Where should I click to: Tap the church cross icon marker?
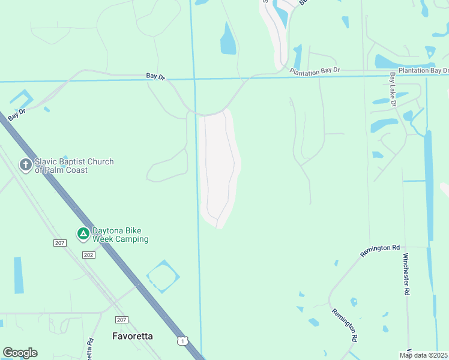[x=25, y=164]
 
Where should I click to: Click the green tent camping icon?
[x=83, y=233]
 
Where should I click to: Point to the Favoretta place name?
[x=133, y=336]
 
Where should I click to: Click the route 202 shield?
[x=89, y=255]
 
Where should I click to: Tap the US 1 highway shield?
[x=181, y=340]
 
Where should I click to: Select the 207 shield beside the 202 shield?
[x=59, y=242]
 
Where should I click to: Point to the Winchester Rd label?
[x=406, y=274]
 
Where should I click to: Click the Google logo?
[x=20, y=353]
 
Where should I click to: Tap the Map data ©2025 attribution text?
[x=423, y=355]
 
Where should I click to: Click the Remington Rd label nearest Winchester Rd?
[x=380, y=250]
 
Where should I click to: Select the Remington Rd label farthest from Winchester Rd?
[x=345, y=325]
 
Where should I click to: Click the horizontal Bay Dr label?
[x=155, y=76]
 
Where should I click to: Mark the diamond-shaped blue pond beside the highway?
[x=162, y=277]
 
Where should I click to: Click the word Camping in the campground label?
[x=133, y=239]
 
